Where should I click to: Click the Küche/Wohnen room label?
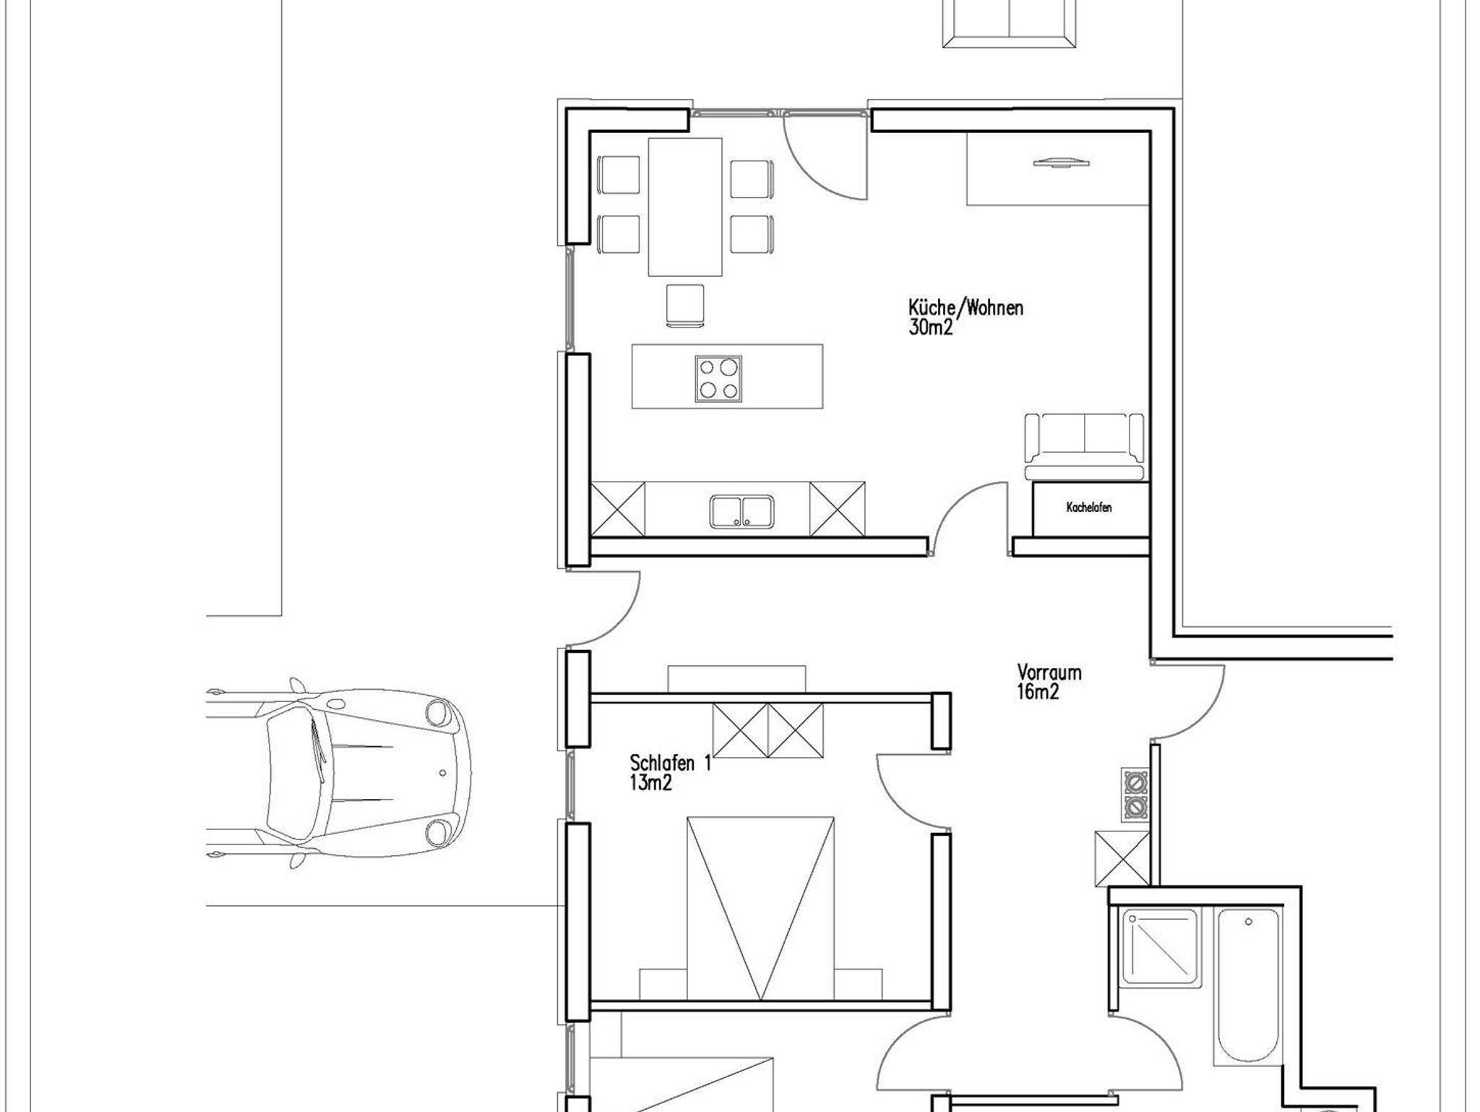[965, 308]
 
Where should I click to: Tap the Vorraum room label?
[1049, 672]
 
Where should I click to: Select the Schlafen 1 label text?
[671, 763]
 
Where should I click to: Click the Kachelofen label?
[1089, 508]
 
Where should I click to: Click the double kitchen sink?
[742, 511]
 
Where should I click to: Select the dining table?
[685, 207]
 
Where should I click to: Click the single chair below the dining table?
[685, 305]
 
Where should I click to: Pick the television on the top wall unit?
[1060, 163]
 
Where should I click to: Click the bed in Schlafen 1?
[761, 908]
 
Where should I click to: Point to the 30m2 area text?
[932, 328]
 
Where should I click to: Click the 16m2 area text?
[1038, 692]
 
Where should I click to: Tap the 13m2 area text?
[651, 782]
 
